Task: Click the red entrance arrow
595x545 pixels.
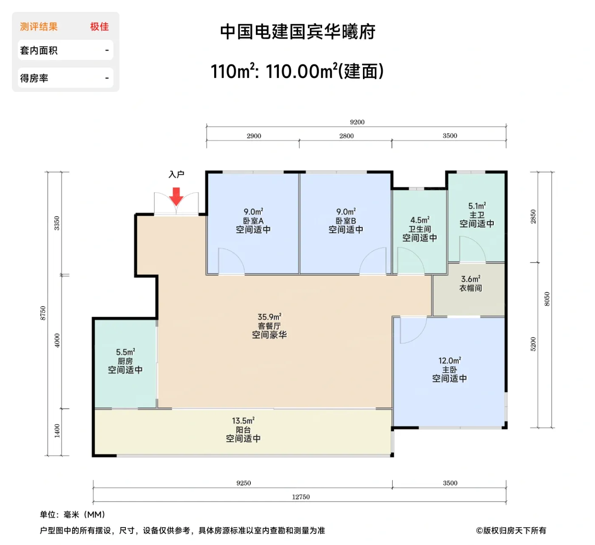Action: click(x=176, y=196)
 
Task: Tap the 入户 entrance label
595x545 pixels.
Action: click(x=176, y=174)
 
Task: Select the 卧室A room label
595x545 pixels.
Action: click(x=253, y=221)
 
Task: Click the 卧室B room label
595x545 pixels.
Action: click(x=346, y=221)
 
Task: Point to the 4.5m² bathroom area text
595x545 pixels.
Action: click(x=419, y=220)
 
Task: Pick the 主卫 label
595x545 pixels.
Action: click(x=477, y=215)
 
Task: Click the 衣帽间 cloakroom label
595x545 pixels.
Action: click(x=470, y=288)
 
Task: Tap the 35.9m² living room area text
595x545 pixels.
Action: click(x=269, y=317)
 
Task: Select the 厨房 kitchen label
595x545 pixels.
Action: click(x=125, y=361)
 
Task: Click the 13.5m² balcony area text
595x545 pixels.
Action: click(x=243, y=420)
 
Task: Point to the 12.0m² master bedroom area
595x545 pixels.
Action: click(x=450, y=361)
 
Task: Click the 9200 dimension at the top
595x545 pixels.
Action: click(x=357, y=122)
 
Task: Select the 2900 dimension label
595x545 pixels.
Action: click(x=254, y=136)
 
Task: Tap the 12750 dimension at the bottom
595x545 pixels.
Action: click(x=300, y=497)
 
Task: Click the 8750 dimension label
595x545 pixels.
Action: click(x=42, y=313)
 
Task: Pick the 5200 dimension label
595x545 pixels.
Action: click(x=533, y=344)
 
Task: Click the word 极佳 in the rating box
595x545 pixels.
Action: click(x=99, y=27)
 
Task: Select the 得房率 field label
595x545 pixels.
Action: click(x=34, y=78)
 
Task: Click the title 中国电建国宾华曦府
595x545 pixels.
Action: click(x=297, y=32)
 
